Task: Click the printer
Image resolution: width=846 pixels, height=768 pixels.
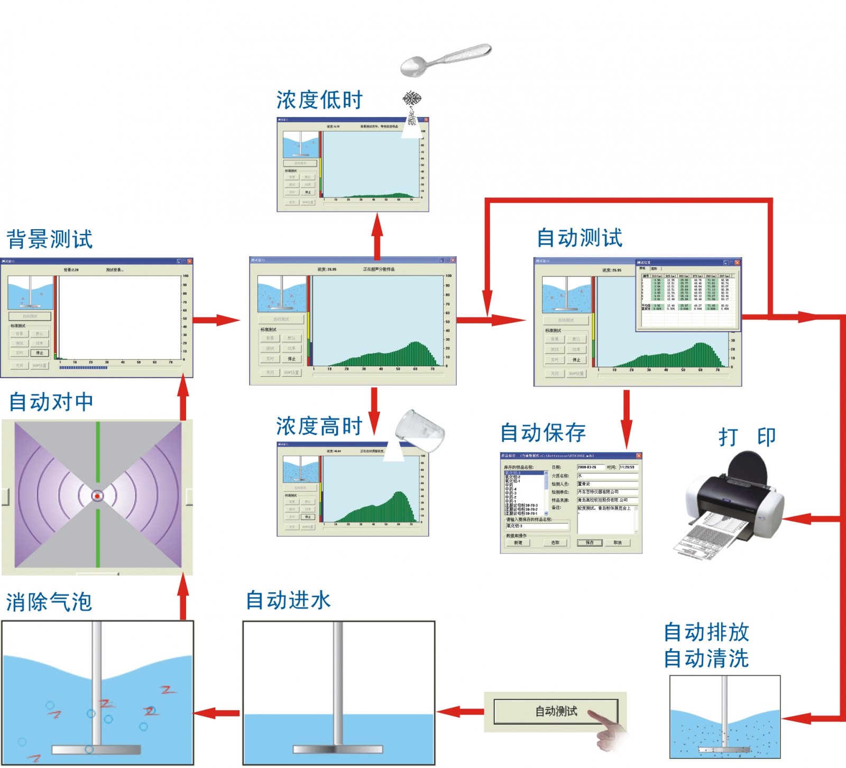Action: [x=732, y=503]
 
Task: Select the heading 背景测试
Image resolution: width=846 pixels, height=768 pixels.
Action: [x=50, y=239]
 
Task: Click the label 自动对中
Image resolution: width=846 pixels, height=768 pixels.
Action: [x=51, y=402]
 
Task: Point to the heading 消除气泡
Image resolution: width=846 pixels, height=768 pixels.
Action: [x=49, y=602]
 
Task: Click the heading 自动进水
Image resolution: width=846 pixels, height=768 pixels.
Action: [x=288, y=601]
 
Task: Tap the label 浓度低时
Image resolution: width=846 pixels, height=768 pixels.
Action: [x=319, y=100]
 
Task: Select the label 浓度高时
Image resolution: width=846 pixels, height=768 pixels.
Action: [x=319, y=427]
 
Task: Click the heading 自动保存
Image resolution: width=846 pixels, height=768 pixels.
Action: [x=543, y=433]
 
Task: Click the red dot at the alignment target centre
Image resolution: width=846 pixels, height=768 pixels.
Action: [x=97, y=496]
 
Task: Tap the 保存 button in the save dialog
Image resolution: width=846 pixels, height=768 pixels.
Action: [x=590, y=543]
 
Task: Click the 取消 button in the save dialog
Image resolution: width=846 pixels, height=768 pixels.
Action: [x=618, y=543]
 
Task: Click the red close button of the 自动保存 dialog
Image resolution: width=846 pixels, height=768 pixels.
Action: [x=638, y=456]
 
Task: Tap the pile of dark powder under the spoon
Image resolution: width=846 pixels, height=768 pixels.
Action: [x=412, y=99]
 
